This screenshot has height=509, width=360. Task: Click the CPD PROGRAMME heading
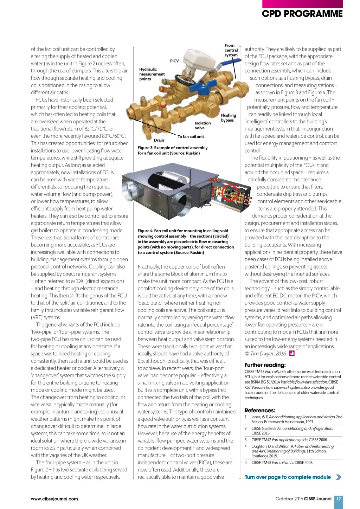click(302, 14)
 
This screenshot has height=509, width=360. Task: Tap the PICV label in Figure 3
click(174, 61)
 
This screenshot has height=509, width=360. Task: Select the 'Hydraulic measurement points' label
click(152, 74)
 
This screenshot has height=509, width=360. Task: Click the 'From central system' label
click(231, 50)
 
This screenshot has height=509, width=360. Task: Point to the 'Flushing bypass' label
click(228, 118)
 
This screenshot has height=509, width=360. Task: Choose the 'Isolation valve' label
click(203, 125)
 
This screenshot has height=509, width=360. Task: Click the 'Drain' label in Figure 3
click(159, 140)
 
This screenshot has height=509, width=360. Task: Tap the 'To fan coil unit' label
click(191, 137)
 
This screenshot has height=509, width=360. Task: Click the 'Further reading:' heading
click(265, 365)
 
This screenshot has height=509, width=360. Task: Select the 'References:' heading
click(260, 410)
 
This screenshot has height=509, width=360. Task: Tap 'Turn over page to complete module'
click(288, 477)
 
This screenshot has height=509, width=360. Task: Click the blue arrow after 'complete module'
click(339, 477)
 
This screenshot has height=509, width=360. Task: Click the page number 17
click(339, 499)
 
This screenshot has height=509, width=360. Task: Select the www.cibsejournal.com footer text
click(54, 499)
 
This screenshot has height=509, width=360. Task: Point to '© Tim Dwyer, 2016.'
click(265, 354)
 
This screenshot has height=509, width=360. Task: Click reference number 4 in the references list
click(246, 446)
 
